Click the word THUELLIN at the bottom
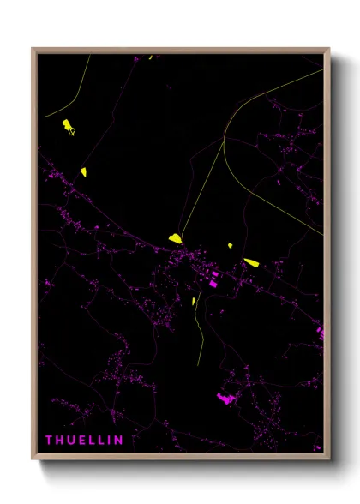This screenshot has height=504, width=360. pos(84,441)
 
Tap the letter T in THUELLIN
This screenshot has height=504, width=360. pos(49,441)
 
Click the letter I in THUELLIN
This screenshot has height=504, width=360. pos(108,441)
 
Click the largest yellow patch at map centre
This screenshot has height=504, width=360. pos(175,238)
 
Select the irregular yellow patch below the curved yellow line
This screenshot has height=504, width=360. pos(68,128)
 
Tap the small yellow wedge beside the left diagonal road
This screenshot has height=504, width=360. pos(83,171)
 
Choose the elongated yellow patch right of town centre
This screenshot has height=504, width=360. pos(250,262)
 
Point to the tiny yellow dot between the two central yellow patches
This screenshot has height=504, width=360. pos(230,246)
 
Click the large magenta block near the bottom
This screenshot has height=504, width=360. pos(226,398)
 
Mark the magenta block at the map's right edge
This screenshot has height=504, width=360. pos(321,332)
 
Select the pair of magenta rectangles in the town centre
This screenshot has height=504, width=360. pos(213,278)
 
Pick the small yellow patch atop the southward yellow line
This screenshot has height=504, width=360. pos(196,300)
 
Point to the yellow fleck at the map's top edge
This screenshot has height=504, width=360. pos(150,57)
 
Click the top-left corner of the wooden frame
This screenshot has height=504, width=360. pos(33,50)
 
